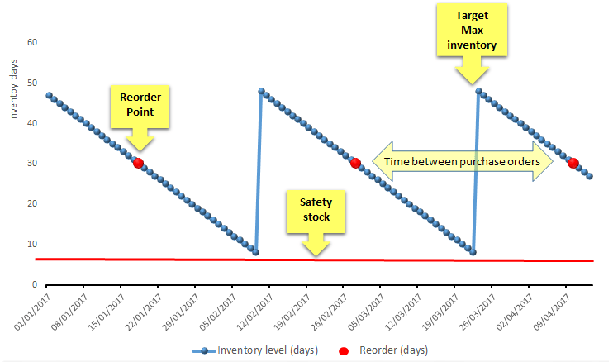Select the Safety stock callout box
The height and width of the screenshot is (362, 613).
click(x=316, y=211)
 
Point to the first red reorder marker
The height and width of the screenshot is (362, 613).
click(x=138, y=164)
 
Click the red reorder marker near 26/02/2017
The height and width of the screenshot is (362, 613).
click(x=355, y=163)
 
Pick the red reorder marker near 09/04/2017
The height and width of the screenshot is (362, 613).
click(x=573, y=163)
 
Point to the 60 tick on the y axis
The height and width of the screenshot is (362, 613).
click(x=31, y=42)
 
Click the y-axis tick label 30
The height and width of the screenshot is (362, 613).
click(x=31, y=163)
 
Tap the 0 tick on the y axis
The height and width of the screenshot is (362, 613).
click(x=34, y=284)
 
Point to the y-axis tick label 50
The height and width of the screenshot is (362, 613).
click(x=31, y=83)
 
